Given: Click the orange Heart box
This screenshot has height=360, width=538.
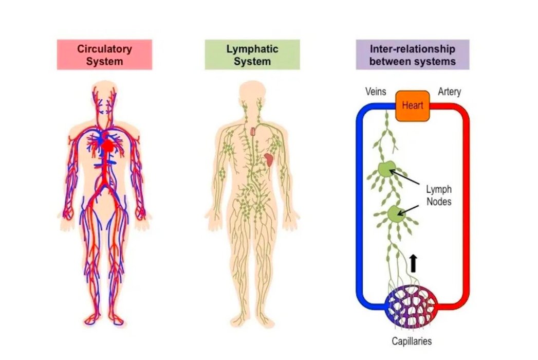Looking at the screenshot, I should click(413, 105).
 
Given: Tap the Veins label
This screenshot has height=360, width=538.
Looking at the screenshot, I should click(375, 92).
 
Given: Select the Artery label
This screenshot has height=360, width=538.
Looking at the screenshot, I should click(449, 92).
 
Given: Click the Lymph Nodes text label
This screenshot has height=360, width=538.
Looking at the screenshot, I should click(438, 195).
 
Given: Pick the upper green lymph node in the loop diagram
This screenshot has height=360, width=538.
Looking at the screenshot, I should click(386, 170).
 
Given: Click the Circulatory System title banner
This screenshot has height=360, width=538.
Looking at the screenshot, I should click(104, 55).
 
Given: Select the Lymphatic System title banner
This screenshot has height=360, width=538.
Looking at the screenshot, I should click(252, 55).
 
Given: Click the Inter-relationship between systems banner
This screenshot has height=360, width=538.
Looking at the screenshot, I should click(413, 55).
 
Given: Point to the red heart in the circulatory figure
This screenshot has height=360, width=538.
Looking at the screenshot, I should click(108, 146).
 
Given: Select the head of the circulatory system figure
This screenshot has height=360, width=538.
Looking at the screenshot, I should click(105, 95).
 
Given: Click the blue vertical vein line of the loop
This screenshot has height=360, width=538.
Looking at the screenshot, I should click(359, 206).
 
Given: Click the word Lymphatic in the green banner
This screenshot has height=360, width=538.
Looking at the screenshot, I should click(252, 49).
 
